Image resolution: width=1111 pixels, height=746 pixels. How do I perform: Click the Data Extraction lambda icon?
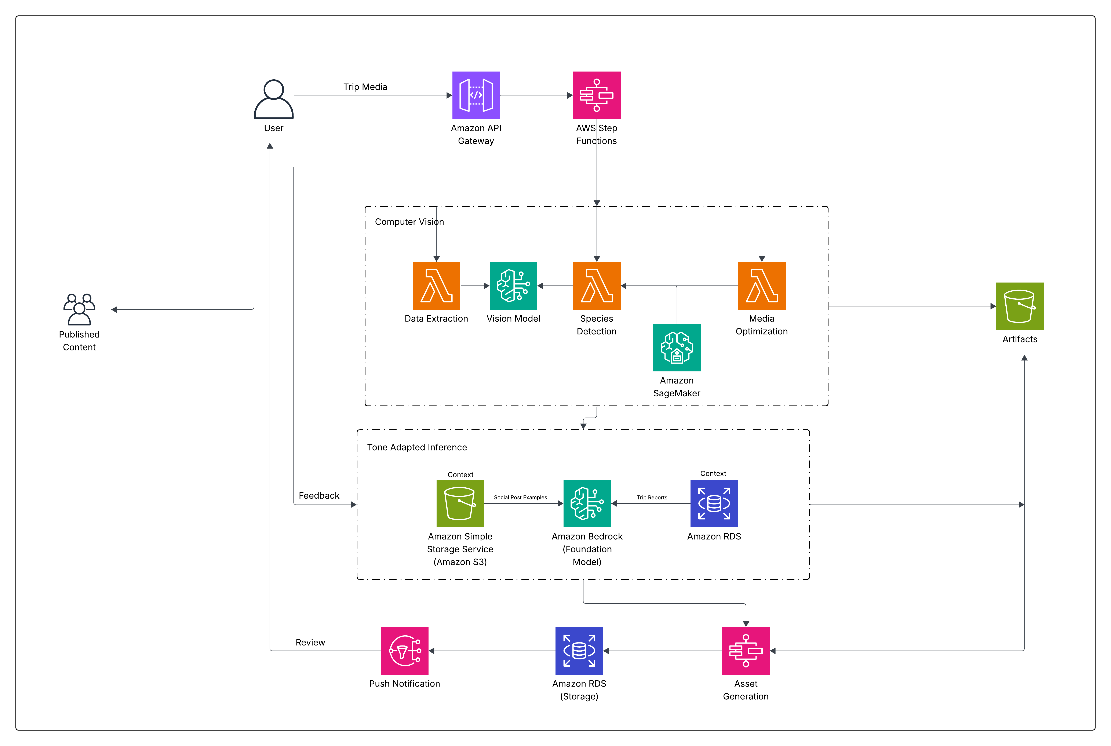coord(436,285)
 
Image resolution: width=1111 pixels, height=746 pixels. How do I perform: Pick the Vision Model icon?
coord(513,285)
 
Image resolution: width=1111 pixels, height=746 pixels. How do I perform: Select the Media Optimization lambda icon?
coord(761,285)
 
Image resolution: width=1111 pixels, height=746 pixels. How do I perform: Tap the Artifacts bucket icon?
coord(1020,306)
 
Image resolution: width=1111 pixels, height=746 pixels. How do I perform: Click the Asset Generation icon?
coord(746,650)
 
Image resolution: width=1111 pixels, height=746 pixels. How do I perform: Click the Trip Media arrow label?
coord(365,87)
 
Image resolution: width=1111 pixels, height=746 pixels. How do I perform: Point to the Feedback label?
coord(319,495)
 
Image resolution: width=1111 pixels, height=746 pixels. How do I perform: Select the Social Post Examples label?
coord(520,497)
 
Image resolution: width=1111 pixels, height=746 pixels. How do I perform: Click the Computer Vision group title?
coord(409,222)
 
